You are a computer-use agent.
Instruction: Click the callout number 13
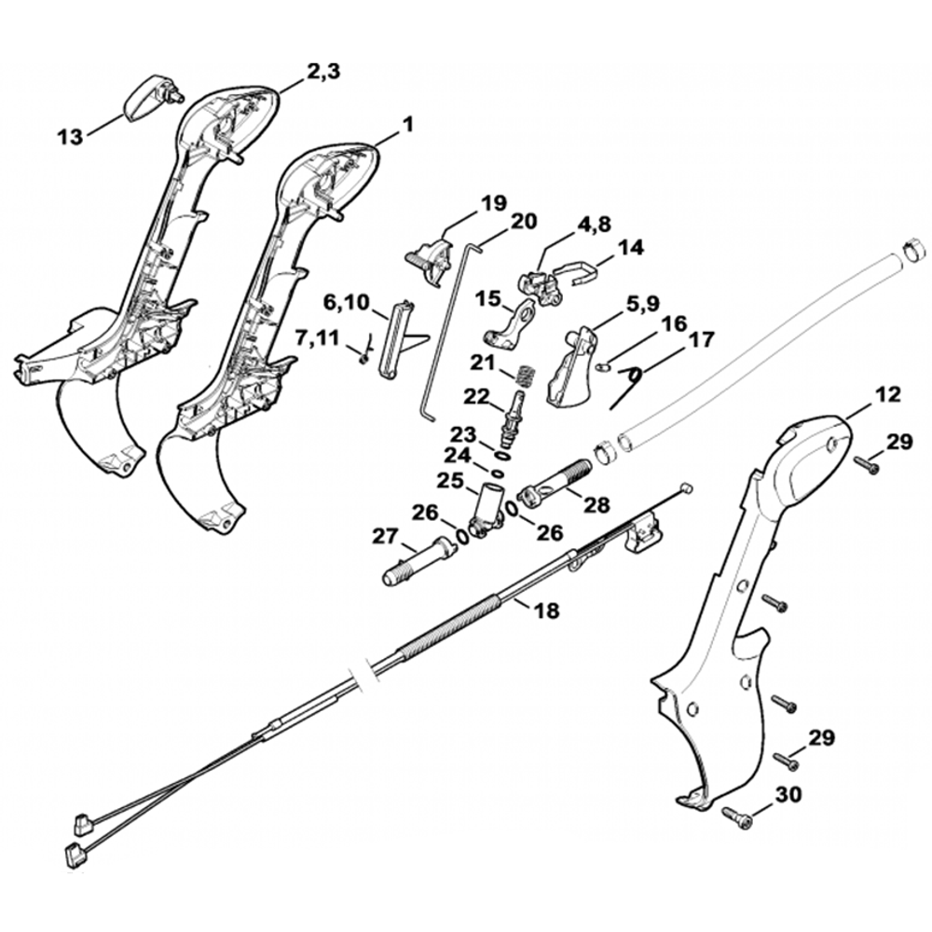(70, 137)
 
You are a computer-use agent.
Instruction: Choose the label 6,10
(347, 303)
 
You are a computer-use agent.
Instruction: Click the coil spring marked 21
(527, 378)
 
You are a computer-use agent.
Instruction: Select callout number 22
(477, 396)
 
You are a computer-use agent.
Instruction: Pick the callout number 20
(524, 221)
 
